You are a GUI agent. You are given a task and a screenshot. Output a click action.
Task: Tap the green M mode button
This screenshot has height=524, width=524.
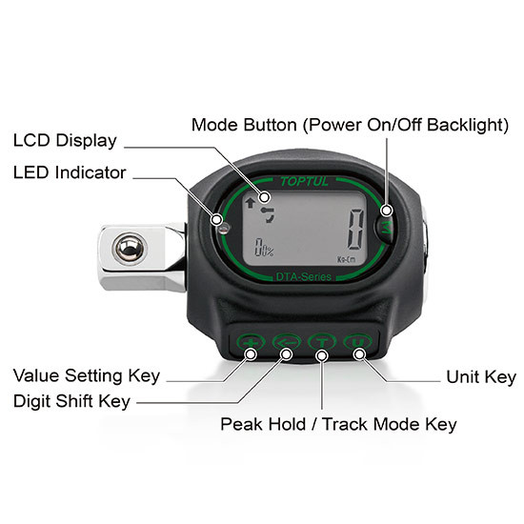tap(385, 228)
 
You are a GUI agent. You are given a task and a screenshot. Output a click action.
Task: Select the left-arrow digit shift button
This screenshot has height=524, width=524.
tap(287, 342)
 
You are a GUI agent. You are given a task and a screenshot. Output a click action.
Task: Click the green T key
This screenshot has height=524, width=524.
tap(322, 342)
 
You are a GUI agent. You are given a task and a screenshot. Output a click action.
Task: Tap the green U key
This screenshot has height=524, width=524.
tap(357, 342)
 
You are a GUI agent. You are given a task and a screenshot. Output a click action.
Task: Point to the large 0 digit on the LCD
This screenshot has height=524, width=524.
tap(355, 229)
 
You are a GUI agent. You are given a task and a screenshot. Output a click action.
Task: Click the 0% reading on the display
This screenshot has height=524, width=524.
tap(264, 248)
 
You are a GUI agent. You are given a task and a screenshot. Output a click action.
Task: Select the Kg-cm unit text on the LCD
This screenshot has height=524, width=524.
tap(347, 260)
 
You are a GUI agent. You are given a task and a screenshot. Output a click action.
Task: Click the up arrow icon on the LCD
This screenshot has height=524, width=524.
tap(251, 203)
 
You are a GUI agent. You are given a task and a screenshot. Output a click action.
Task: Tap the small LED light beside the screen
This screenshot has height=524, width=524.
tap(224, 229)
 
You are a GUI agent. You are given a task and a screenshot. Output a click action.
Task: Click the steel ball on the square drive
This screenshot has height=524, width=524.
tap(130, 249)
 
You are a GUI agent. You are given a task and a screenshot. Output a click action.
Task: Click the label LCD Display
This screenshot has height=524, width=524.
tap(65, 141)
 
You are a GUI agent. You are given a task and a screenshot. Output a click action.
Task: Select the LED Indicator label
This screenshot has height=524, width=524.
tap(70, 172)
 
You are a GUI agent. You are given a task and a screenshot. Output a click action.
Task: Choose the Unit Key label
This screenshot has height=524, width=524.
tap(481, 377)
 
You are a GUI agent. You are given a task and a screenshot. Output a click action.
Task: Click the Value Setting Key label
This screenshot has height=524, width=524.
tap(87, 376)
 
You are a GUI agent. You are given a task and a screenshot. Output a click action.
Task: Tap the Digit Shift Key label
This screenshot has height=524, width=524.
tap(71, 401)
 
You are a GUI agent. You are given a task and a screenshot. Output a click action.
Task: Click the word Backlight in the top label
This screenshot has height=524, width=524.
tap(468, 125)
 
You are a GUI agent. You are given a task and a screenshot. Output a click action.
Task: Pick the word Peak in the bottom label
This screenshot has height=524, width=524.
tap(241, 424)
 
